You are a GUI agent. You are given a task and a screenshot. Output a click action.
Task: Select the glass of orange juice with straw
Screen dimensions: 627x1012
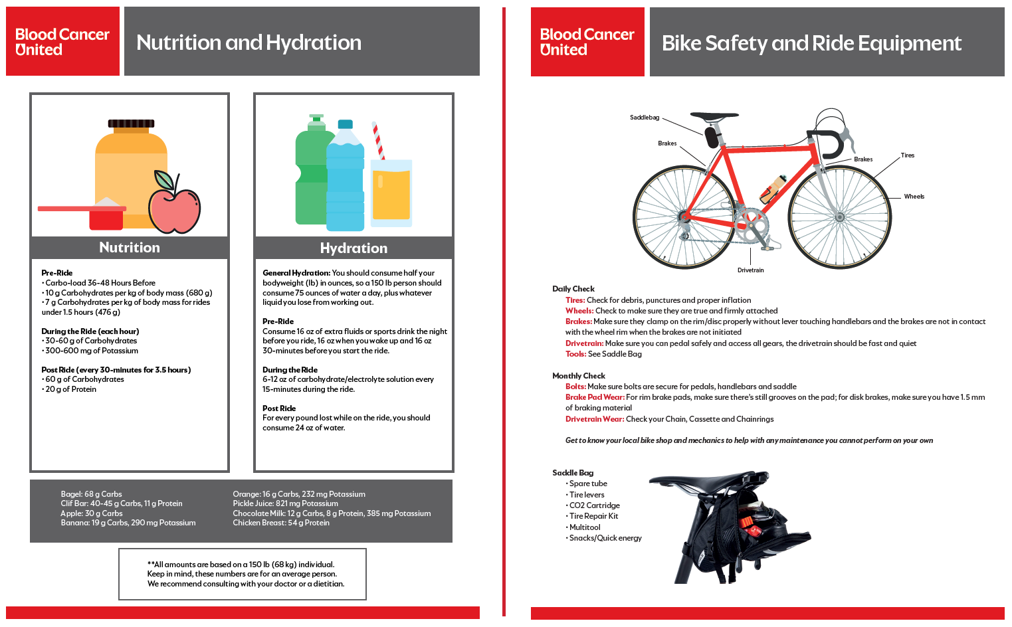pos(391,193)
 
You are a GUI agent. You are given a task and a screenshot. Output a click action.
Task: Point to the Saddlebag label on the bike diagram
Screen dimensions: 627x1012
pos(645,118)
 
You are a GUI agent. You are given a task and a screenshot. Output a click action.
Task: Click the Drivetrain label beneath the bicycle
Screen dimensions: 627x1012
pos(750,270)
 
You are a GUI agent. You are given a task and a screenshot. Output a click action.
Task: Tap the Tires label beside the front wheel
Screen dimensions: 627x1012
pos(908,155)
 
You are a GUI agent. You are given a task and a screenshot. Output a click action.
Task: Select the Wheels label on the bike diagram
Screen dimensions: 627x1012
pos(914,197)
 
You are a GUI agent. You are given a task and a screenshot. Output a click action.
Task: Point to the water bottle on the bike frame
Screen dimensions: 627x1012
pos(773,188)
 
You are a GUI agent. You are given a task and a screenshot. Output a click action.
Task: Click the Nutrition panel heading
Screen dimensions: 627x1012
pos(130,248)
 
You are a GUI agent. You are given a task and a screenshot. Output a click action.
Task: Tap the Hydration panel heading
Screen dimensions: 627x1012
pos(354,248)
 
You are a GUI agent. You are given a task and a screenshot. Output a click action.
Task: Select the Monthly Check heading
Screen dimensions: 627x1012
pos(578,376)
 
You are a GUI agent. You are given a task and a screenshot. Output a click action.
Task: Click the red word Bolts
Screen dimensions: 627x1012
pos(575,387)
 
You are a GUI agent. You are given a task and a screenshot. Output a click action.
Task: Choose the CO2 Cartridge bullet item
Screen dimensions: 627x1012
pos(594,505)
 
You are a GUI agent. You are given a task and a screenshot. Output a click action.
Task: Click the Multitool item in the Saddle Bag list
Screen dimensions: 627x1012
pos(584,527)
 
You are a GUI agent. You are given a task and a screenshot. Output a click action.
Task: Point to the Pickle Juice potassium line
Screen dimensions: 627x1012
pos(285,503)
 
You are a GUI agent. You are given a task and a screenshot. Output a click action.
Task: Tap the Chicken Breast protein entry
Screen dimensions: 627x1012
pos(280,523)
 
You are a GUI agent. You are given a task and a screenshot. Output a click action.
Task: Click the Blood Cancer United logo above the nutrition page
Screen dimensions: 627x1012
pos(62,42)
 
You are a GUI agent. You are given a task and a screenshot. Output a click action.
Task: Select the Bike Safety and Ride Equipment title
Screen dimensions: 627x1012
pos(811,43)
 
